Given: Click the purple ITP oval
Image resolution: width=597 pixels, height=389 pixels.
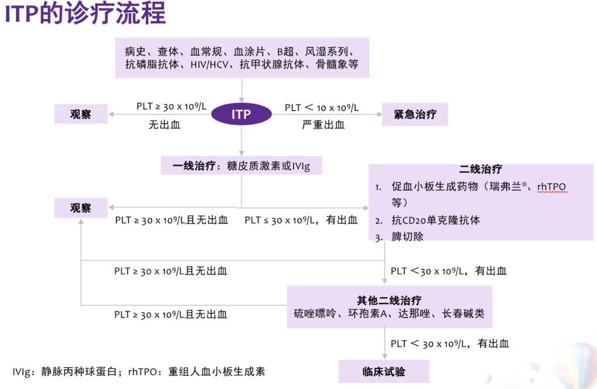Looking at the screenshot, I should (241, 115).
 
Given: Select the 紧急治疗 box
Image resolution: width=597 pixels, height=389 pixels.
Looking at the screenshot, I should (415, 114).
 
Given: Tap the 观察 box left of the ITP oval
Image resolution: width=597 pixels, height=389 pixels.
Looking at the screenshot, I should (81, 114).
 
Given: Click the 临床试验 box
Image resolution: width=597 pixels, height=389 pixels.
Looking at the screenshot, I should (384, 371).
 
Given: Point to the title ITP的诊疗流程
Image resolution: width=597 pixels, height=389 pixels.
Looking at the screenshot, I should (85, 14).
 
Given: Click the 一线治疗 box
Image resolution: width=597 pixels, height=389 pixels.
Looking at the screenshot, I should (242, 165).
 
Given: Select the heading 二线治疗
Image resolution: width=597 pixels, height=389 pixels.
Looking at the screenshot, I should (480, 170).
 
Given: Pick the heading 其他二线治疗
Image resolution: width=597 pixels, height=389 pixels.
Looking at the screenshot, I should (389, 301).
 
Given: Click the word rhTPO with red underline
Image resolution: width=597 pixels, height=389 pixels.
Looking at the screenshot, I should (552, 187).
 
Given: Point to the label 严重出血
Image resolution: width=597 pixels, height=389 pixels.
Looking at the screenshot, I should (323, 125).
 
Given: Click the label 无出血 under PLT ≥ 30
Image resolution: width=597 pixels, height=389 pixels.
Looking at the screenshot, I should (164, 125).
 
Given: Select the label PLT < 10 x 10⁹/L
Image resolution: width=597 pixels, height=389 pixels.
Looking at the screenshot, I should (322, 108).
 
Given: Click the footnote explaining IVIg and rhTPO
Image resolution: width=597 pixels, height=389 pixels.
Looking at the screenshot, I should (139, 371).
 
